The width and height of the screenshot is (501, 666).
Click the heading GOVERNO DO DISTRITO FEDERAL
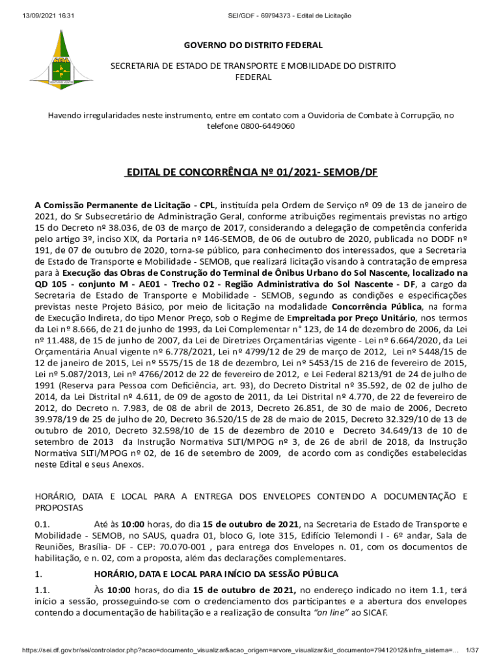tap(253, 46)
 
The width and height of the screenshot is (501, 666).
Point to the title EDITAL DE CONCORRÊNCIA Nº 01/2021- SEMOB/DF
tap(251, 174)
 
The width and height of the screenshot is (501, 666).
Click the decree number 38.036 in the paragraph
tap(137, 225)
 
